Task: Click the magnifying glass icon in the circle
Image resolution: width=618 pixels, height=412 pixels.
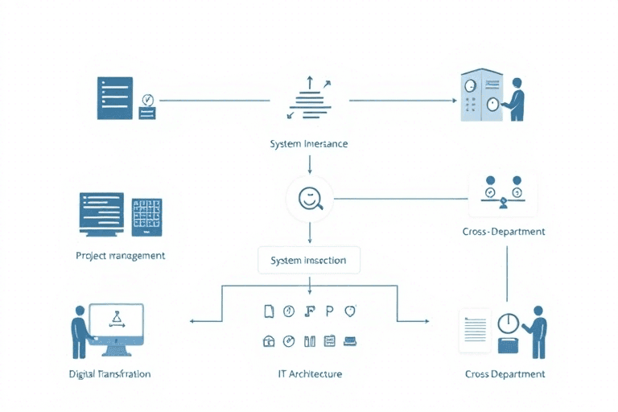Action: (310, 197)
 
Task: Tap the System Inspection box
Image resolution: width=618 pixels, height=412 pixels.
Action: (309, 260)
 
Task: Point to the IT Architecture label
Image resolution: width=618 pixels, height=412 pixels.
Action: (309, 374)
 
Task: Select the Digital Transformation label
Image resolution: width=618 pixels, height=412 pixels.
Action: (110, 374)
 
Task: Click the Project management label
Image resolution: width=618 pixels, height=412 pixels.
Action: (120, 255)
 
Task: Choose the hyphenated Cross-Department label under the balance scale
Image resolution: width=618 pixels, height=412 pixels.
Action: (505, 231)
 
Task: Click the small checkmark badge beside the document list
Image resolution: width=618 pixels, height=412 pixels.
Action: (146, 101)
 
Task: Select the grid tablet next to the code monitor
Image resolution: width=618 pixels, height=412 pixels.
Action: (146, 216)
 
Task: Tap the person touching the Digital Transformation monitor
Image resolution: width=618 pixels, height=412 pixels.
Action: (80, 330)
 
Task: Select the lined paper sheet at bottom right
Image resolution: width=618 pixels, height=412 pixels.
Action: (474, 330)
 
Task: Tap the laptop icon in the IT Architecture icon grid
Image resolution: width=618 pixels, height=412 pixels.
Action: (350, 341)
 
